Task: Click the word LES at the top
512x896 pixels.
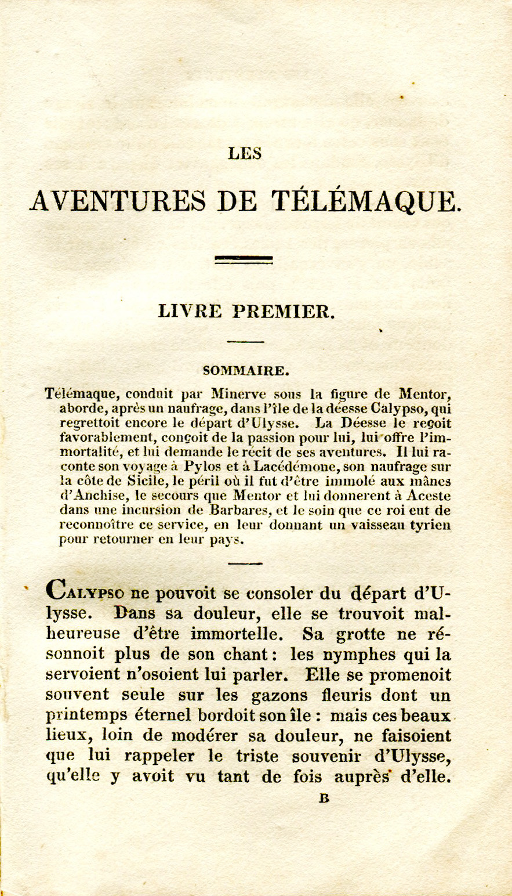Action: [x=245, y=153]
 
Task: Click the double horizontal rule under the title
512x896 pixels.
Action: [x=244, y=259]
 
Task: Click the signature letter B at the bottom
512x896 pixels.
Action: [x=324, y=799]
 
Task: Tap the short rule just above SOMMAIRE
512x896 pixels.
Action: [x=245, y=341]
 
